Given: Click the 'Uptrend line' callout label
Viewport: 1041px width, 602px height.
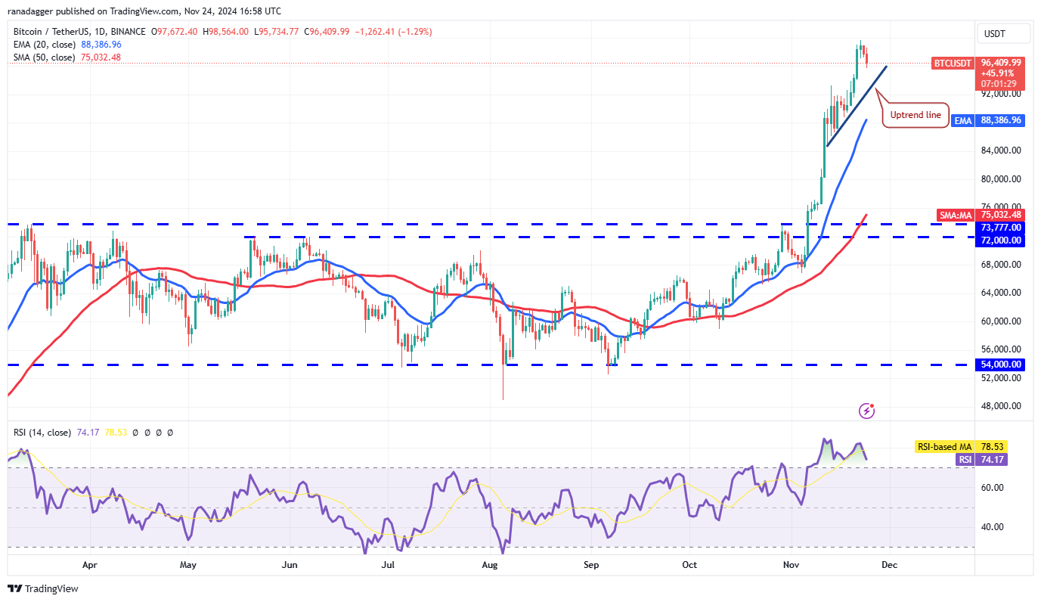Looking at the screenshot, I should click(x=916, y=115).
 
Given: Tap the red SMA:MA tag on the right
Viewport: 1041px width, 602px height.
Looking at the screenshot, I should click(x=955, y=216).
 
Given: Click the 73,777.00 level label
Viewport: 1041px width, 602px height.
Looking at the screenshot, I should click(x=1001, y=228).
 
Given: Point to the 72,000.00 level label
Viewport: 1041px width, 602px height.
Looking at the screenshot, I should click(x=1001, y=240).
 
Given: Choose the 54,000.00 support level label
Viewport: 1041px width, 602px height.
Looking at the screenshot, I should click(x=1001, y=365).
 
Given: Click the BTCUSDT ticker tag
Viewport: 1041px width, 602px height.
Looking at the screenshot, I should click(x=952, y=64).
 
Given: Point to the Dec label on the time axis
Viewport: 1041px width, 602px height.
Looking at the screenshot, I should click(x=890, y=565).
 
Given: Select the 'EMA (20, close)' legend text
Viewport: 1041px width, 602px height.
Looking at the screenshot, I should click(x=45, y=45).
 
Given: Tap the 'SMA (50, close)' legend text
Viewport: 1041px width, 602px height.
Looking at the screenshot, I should click(x=45, y=57).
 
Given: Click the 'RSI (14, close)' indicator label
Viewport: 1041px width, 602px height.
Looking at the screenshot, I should click(x=42, y=433).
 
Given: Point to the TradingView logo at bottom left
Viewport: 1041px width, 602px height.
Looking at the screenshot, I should click(x=43, y=588).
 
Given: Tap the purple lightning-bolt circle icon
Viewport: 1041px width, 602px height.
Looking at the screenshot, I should click(x=867, y=411).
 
